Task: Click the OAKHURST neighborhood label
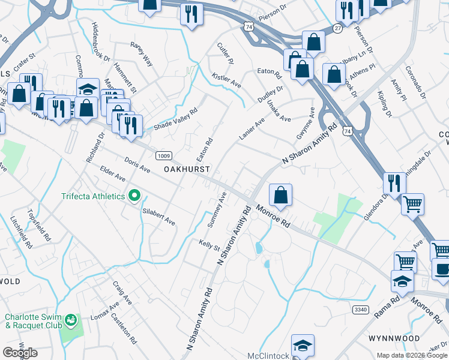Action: [x=187, y=170]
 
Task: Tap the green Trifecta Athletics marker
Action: [x=135, y=196]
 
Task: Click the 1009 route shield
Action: [x=163, y=156]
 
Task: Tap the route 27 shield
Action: [x=338, y=28]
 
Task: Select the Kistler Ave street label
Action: [x=226, y=80]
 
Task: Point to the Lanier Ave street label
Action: [x=252, y=129]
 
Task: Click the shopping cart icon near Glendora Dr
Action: [x=412, y=204]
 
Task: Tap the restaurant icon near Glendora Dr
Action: [x=394, y=182]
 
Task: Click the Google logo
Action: [x=20, y=353]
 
